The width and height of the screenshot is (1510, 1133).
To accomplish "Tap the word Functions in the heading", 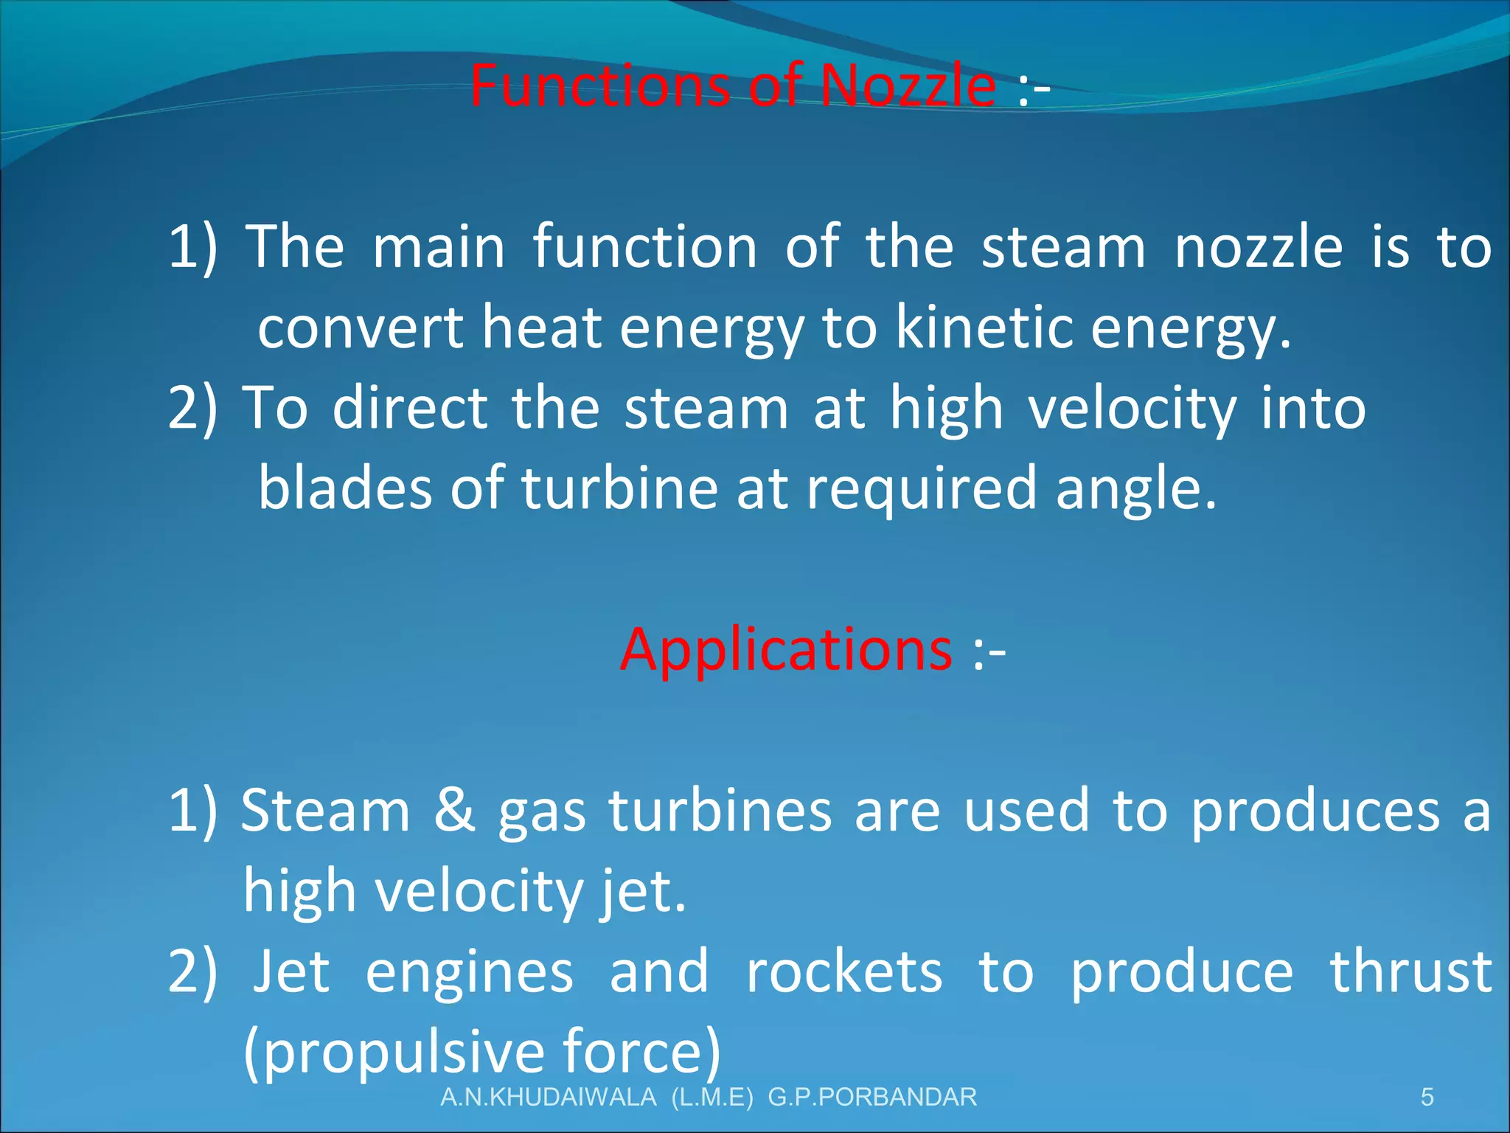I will (x=599, y=86).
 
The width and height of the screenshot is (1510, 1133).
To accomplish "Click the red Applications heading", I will (x=786, y=649).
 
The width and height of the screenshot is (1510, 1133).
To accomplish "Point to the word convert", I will (x=360, y=328).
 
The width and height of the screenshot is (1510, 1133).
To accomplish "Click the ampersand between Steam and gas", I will (x=454, y=810).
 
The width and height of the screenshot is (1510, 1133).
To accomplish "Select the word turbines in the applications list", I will (x=720, y=810).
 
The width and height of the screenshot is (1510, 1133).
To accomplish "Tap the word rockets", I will (x=844, y=971).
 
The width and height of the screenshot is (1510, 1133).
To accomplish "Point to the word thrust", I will (x=1410, y=971).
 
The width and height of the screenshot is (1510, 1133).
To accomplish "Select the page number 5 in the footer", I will (x=1427, y=1097).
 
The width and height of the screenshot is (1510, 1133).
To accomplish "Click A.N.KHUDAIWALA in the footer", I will (x=548, y=1097).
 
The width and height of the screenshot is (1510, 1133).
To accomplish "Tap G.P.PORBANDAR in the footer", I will (x=872, y=1097).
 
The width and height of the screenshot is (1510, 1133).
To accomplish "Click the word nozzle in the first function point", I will (x=1258, y=246).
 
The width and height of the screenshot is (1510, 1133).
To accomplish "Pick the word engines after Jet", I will (x=469, y=971).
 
